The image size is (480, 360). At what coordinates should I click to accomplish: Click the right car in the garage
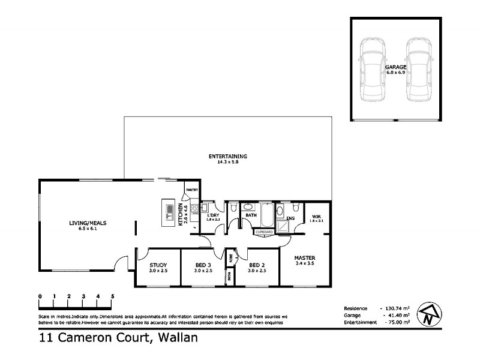click(418, 70)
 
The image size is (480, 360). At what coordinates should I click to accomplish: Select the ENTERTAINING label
click(227, 157)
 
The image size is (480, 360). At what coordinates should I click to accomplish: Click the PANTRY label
click(191, 190)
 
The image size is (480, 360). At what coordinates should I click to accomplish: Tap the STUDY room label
click(158, 265)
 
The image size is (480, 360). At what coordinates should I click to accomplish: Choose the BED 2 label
click(257, 265)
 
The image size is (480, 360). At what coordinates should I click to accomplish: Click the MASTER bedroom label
click(304, 259)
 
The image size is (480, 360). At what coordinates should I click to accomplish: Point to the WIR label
click(316, 217)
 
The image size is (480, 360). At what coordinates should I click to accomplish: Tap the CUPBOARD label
click(264, 232)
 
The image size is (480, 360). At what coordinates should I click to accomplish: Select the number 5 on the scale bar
click(112, 296)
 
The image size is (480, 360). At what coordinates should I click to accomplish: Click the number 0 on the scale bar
click(40, 296)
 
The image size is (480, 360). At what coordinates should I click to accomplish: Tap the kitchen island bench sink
click(169, 211)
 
